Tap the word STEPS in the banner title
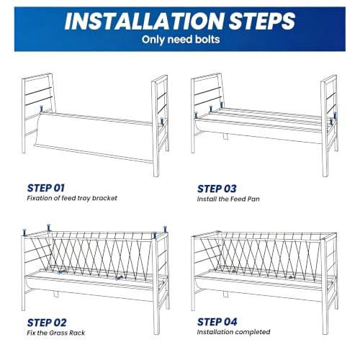click(262, 21)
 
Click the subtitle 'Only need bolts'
click(181, 40)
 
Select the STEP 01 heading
click(45, 188)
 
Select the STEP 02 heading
click(47, 323)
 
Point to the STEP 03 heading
click(217, 189)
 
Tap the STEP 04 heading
click(217, 322)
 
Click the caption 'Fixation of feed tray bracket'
click(72, 198)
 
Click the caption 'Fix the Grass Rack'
click(56, 333)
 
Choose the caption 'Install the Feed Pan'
click(228, 199)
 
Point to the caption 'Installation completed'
click(233, 332)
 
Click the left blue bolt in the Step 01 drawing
click(41, 109)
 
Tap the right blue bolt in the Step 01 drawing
click(162, 121)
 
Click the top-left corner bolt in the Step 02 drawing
click(24, 233)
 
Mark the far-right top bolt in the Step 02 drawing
click(165, 230)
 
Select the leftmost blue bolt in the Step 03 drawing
click(196, 115)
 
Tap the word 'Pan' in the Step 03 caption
click(253, 199)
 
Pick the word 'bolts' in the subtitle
click(207, 40)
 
